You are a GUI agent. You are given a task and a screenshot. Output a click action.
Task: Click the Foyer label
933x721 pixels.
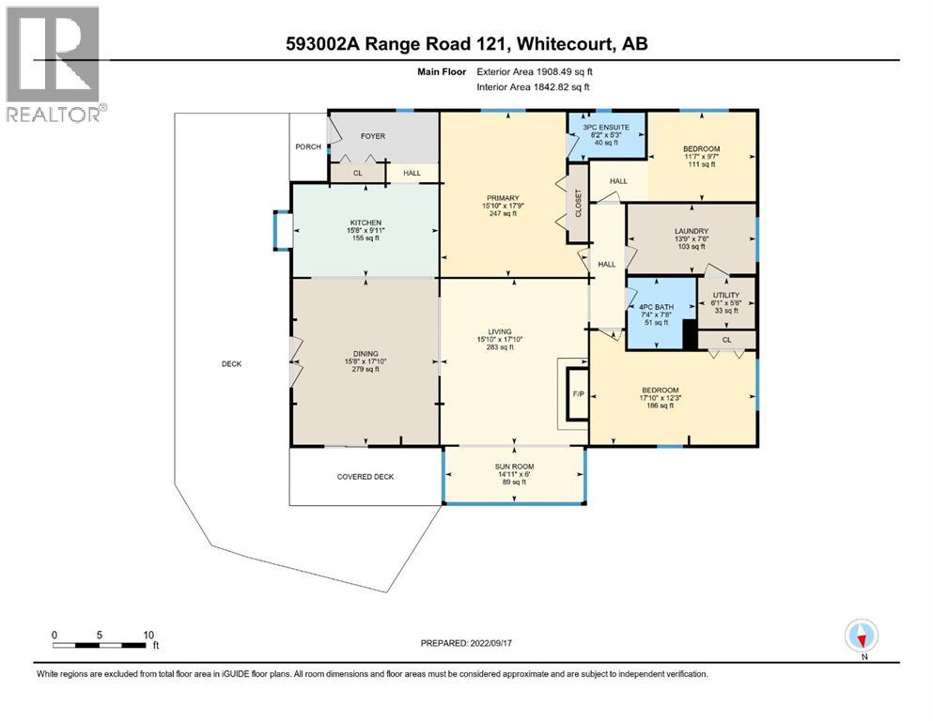coord(373,136)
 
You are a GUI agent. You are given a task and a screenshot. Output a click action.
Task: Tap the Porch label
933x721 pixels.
coord(308,146)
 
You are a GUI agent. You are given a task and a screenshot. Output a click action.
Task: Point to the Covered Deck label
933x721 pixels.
coord(365,477)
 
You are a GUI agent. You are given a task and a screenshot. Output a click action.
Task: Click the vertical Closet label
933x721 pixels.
coord(578,203)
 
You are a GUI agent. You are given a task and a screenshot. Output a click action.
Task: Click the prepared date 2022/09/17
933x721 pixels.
coord(490,643)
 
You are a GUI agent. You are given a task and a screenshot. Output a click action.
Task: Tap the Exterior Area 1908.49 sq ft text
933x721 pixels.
coord(535,72)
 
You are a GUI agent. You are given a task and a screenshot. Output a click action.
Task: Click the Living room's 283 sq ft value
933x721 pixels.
coord(500,347)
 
